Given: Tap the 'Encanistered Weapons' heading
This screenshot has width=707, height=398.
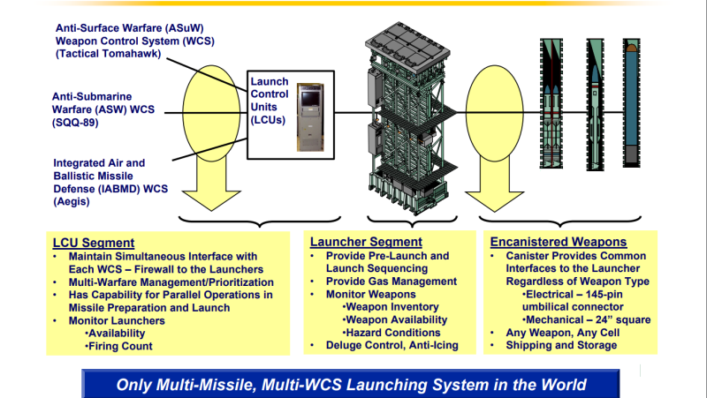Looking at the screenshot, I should coord(559,242).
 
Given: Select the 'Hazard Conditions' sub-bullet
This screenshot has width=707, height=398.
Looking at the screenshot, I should coord(392,332).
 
